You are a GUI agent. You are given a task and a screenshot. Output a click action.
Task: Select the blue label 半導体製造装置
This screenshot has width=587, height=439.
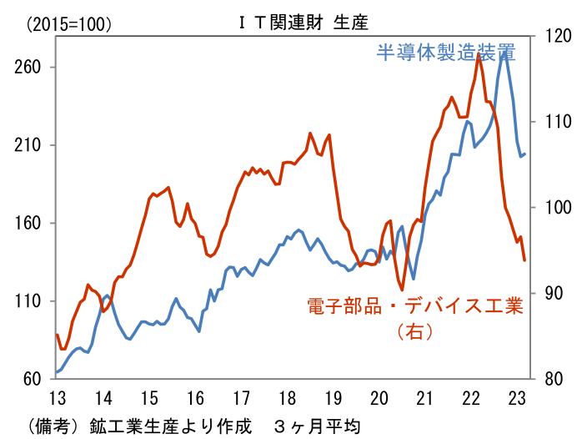[446, 53]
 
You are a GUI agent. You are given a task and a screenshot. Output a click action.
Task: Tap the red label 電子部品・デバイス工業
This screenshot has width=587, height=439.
[414, 305]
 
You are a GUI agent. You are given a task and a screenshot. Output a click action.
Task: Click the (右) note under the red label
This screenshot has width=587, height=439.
[414, 331]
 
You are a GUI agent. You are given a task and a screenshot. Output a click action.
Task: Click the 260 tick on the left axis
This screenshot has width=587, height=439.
[29, 67]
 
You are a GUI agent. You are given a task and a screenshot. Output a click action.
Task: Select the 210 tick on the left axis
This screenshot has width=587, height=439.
[29, 145]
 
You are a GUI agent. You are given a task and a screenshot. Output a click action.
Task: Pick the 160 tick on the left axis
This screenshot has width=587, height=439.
[29, 223]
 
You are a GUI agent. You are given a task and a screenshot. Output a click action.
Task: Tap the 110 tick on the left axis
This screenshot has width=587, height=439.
[29, 301]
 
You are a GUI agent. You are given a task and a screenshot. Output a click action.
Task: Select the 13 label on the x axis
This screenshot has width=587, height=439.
[57, 396]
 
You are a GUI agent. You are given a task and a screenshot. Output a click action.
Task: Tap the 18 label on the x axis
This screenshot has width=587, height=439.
[287, 396]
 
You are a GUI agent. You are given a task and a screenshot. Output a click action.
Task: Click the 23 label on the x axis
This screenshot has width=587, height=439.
[518, 396]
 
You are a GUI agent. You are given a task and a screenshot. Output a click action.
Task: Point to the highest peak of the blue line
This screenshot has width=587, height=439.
[504, 52]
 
